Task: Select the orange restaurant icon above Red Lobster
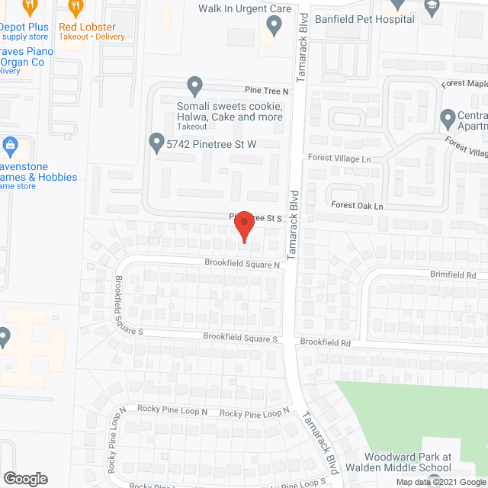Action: click(x=75, y=8)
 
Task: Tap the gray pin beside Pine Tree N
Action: click(x=194, y=85)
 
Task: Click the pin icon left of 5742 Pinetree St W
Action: click(x=156, y=143)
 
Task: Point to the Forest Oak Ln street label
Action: click(x=355, y=206)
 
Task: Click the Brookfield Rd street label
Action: click(x=325, y=343)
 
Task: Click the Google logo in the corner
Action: click(x=25, y=479)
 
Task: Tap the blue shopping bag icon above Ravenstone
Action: click(x=10, y=144)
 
